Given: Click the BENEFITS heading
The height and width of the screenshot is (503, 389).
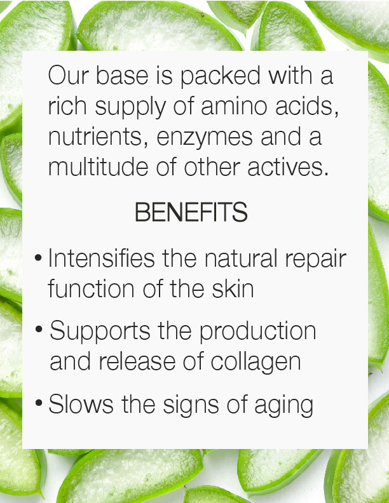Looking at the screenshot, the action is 191,212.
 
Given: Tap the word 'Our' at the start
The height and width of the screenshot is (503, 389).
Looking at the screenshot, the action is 69,76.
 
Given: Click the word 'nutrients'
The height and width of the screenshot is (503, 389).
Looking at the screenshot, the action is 95,137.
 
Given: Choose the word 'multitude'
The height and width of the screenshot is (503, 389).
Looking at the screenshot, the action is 99,166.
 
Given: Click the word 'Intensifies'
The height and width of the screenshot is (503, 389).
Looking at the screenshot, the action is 102,258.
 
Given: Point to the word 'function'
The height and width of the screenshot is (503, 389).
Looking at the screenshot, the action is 91,288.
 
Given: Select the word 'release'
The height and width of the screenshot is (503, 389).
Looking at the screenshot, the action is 137,361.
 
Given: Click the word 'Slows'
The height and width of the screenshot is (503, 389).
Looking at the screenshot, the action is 81,404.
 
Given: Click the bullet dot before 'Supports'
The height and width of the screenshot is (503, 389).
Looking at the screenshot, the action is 39,329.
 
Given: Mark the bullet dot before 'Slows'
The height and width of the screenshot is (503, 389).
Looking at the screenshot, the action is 39,402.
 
